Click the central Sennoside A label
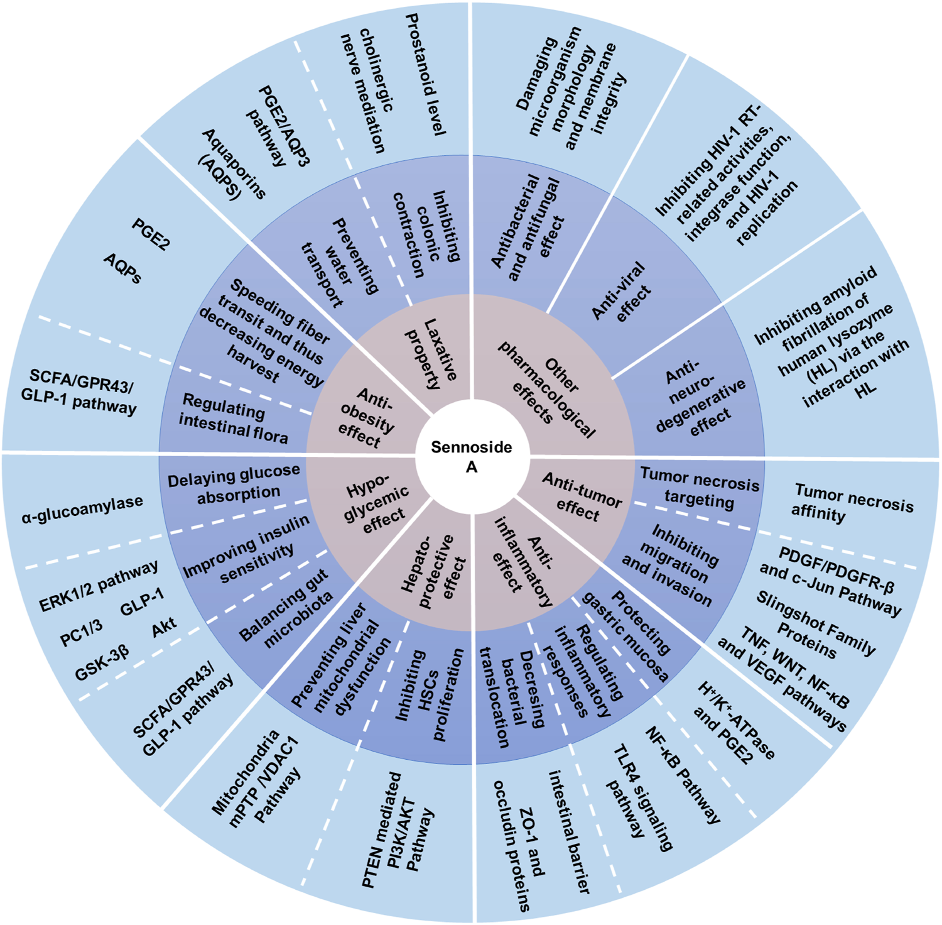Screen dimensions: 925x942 pyautogui.click(x=471, y=457)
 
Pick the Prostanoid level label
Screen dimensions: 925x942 pyautogui.click(x=425, y=74)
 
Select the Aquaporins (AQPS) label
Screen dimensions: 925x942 pyautogui.click(x=230, y=165)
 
